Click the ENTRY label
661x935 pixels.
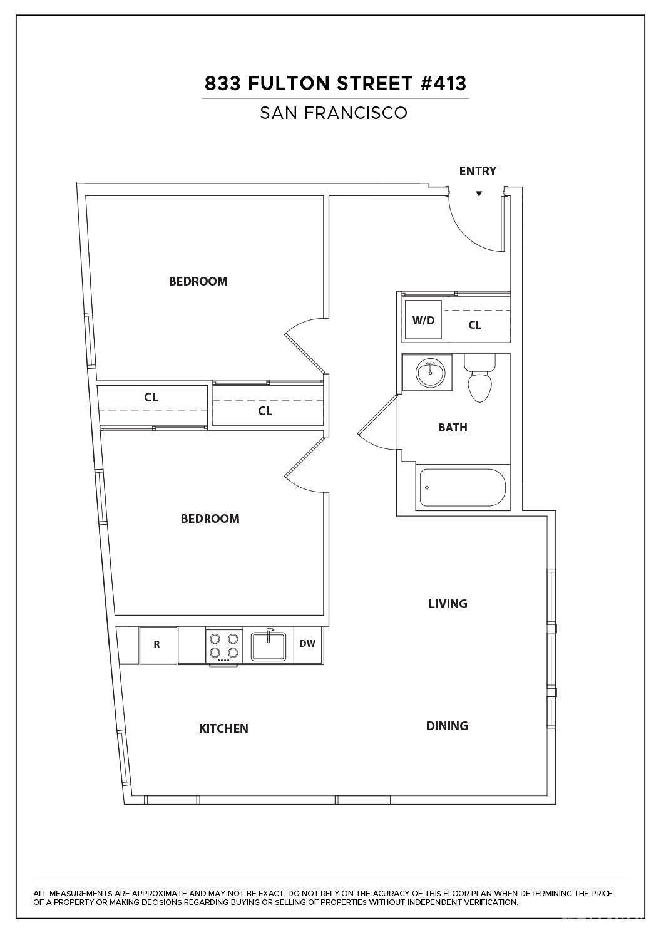tap(478, 171)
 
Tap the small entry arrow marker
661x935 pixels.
tap(479, 194)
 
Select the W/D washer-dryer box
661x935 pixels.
tap(424, 319)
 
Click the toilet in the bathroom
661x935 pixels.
tap(480, 378)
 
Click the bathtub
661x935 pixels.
tap(463, 487)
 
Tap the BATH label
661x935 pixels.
tap(453, 428)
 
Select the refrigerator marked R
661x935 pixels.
tap(157, 645)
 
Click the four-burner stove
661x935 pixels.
tap(223, 646)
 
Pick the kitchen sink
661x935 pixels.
tap(269, 646)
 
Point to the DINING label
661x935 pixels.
tap(446, 726)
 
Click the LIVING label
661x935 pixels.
tap(448, 604)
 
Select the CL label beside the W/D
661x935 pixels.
tap(475, 325)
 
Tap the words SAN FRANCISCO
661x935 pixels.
tap(334, 113)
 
